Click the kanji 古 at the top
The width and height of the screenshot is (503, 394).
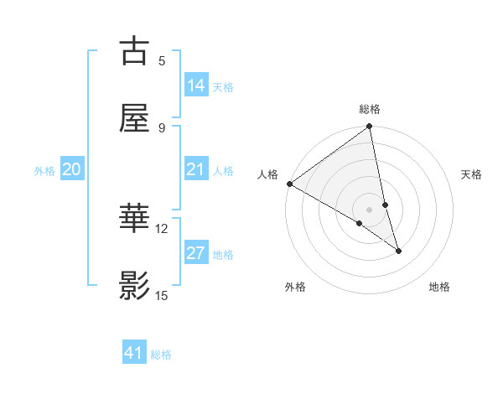(135, 52)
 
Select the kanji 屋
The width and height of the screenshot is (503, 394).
(135, 117)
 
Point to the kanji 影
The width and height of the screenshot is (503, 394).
(135, 285)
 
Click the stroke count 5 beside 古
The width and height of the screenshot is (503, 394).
(162, 60)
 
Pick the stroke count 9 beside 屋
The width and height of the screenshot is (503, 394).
(162, 127)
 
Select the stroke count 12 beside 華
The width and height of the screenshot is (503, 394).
(162, 228)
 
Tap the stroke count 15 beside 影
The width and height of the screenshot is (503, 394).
(162, 295)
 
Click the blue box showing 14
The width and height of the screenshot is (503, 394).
(196, 85)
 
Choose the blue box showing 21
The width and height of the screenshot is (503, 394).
(196, 169)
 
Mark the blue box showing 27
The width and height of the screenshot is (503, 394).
(196, 253)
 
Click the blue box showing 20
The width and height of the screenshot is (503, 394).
(72, 169)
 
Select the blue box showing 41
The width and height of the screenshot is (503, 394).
(134, 353)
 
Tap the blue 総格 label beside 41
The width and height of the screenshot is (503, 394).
(161, 355)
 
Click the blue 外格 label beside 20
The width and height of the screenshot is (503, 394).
(44, 171)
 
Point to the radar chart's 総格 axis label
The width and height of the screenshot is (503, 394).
(370, 109)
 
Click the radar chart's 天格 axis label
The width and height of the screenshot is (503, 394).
(472, 174)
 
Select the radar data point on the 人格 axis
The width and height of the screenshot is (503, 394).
(289, 184)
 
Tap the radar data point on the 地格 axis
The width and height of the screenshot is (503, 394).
(398, 251)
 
